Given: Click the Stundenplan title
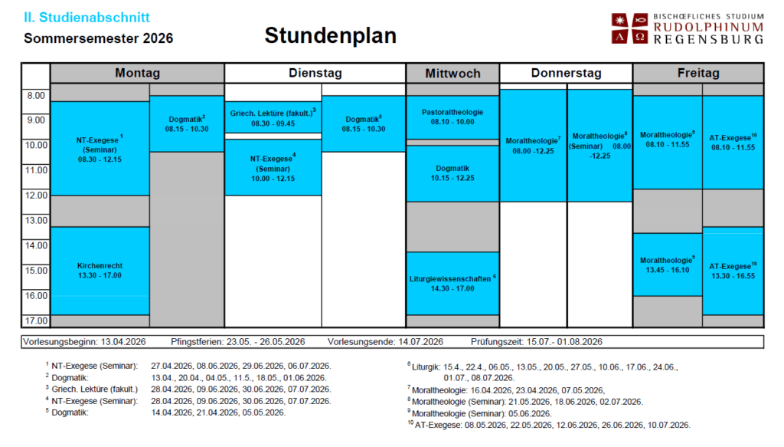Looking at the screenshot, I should [330, 36].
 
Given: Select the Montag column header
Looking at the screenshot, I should [137, 74].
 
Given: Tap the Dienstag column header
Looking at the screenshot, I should [315, 74].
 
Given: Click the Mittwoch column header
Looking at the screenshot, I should [452, 74].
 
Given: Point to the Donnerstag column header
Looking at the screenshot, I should [566, 74].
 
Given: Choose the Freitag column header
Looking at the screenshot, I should [698, 74].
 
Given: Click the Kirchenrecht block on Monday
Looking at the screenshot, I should [100, 270].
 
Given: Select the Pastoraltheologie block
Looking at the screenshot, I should [452, 117].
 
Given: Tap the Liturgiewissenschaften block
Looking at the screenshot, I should [452, 283].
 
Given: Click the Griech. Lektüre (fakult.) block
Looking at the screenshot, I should [273, 117].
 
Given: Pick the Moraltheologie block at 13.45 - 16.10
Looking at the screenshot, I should [668, 265].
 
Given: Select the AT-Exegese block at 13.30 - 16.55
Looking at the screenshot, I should [733, 270].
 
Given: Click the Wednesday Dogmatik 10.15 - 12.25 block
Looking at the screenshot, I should [452, 173].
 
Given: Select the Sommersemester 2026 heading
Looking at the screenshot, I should [99, 38].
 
